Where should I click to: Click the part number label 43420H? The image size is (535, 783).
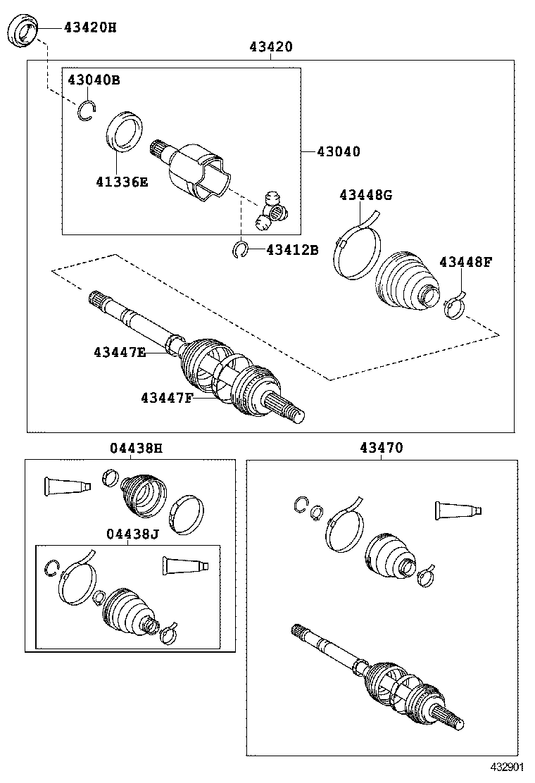pyautogui.click(x=90, y=27)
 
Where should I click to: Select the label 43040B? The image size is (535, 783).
pyautogui.click(x=94, y=80)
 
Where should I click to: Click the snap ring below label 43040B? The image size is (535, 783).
pyautogui.click(x=87, y=111)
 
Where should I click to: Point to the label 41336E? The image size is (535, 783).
pyautogui.click(x=122, y=181)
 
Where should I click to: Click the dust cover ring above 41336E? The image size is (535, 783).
pyautogui.click(x=125, y=131)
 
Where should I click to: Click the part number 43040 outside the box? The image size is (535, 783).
pyautogui.click(x=338, y=151)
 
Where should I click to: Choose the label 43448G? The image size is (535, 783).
pyautogui.click(x=365, y=195)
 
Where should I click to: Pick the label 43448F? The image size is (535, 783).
pyautogui.click(x=465, y=262)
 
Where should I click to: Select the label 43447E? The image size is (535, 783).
pyautogui.click(x=119, y=351)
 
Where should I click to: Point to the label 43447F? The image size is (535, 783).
pyautogui.click(x=166, y=398)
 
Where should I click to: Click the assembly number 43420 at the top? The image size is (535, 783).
pyautogui.click(x=270, y=47)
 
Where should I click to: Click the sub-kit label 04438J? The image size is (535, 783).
pyautogui.click(x=132, y=533)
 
